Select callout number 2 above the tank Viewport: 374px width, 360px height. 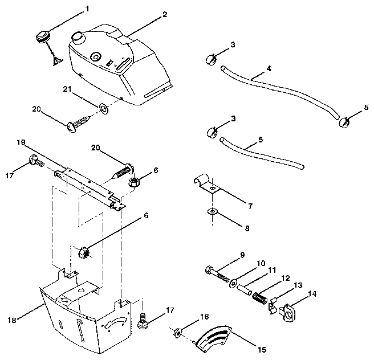pos(165,13)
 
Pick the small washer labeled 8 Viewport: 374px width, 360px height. pos(212,212)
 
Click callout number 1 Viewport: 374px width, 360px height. pos(87,9)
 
